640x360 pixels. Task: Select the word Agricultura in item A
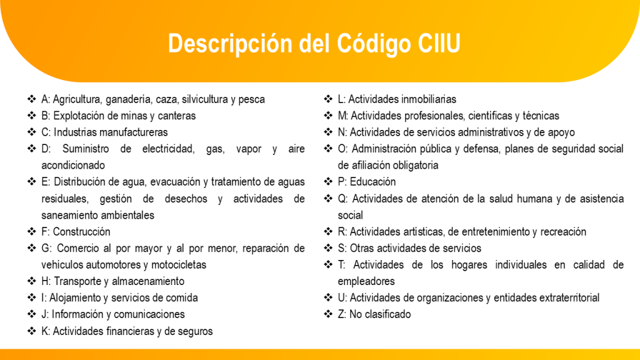tap(77, 99)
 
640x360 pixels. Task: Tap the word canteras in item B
tap(177, 116)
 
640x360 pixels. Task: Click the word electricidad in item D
tap(166, 149)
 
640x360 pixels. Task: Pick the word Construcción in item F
tap(81, 232)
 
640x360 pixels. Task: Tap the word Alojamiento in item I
tap(76, 298)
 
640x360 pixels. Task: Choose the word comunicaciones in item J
tap(149, 314)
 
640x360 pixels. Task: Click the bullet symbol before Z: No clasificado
tap(328, 314)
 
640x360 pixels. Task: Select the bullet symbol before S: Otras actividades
tap(328, 248)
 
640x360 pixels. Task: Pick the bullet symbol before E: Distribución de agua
tap(32, 182)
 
